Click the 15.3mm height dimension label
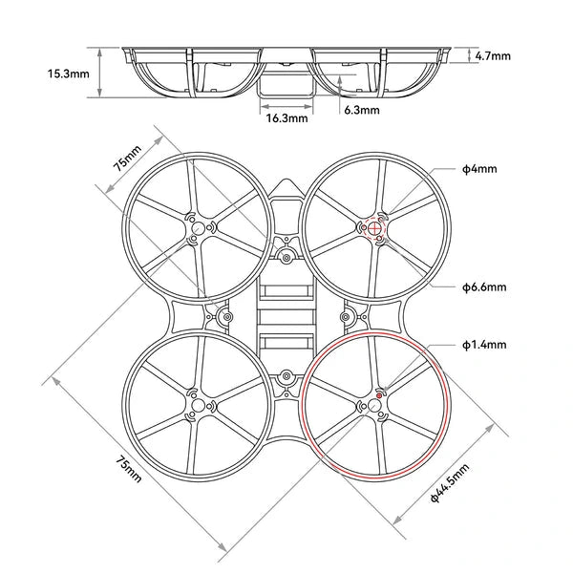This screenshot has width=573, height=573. [x=71, y=72]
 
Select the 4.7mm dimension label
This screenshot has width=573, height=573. [x=492, y=55]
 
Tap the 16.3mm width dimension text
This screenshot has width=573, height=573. [x=286, y=119]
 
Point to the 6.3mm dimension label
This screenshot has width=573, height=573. [x=361, y=110]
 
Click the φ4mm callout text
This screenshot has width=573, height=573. [x=478, y=169]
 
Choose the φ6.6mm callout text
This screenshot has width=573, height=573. [x=483, y=286]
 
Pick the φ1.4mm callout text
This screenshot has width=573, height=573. [x=483, y=344]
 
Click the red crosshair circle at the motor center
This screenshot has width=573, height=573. [x=374, y=227]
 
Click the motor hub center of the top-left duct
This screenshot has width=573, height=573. [x=198, y=228]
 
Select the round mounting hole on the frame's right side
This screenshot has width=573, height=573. [x=347, y=316]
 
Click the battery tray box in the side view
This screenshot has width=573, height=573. [x=286, y=87]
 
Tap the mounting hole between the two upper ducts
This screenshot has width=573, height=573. [x=286, y=256]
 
